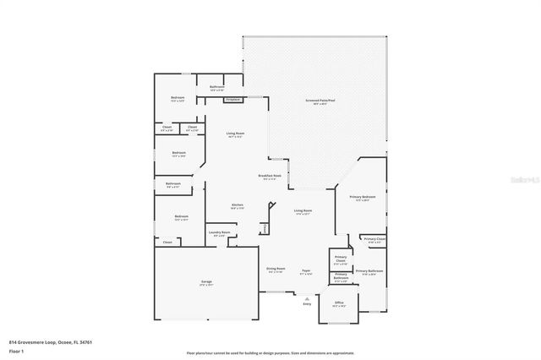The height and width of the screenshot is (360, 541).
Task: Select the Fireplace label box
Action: pos(232,100)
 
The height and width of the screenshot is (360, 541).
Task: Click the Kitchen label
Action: pos(238,205)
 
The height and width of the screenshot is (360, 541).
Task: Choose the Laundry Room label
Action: pos(219,233)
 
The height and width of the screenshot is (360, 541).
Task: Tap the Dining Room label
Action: pos(276,270)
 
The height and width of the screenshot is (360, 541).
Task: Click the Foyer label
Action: pos(306,272)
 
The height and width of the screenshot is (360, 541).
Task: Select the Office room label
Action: pos(339,303)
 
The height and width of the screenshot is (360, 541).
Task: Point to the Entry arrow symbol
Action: pos(307,297)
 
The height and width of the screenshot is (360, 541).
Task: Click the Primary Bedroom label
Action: pos(365,198)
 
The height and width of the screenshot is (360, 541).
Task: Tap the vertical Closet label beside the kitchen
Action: pos(264,228)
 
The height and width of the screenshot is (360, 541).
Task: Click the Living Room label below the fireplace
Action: pos(235,134)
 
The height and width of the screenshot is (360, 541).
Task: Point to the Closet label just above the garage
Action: pos(167,243)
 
